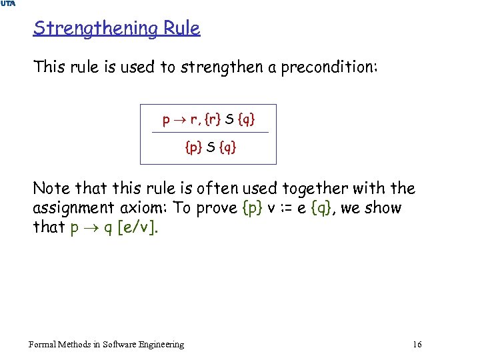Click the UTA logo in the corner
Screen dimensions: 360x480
click(x=9, y=4)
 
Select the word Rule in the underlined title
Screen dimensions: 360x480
click(x=184, y=29)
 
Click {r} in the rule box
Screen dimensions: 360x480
click(x=212, y=120)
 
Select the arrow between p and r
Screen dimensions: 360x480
click(x=179, y=121)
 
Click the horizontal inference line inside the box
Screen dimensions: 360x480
click(x=210, y=133)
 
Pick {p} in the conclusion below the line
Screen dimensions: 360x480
click(x=193, y=147)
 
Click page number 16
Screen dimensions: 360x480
click(x=417, y=344)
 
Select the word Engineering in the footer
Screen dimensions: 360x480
click(x=159, y=344)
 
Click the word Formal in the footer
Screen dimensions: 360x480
click(x=41, y=344)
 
